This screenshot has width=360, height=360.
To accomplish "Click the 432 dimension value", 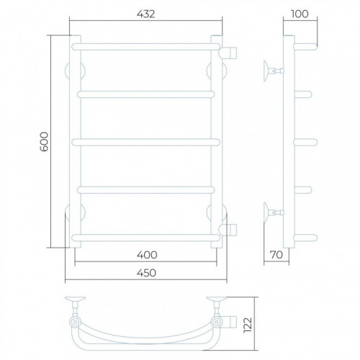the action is tap(146, 14).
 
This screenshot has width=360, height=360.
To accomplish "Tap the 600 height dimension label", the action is tap(45, 141).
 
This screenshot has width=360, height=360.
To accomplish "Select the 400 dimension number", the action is tap(147, 255).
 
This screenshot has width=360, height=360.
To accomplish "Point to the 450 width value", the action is tap(146, 273).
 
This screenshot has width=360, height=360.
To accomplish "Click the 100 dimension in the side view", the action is tap(300, 14).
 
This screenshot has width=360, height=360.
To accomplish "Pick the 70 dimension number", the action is tap(276, 255).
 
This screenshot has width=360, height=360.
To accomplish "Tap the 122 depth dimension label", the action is tap(248, 325).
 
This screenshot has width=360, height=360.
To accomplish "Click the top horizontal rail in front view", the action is tap(145, 47).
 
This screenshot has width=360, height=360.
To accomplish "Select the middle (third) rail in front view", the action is tap(145, 143).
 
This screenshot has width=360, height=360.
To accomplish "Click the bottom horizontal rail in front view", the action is tap(145, 238).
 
